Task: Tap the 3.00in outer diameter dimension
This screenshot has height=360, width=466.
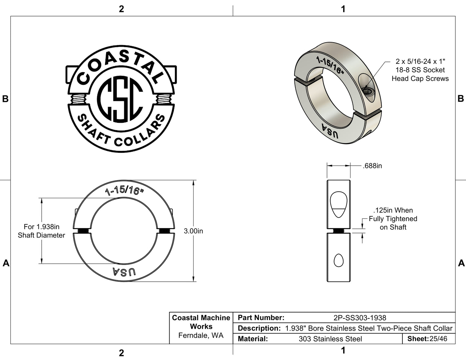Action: (x=193, y=231)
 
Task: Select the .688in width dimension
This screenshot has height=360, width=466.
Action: (x=372, y=166)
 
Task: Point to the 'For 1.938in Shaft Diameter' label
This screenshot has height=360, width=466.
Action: (x=41, y=231)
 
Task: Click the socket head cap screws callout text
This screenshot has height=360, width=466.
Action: (x=420, y=70)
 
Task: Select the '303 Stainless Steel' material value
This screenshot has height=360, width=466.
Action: (x=330, y=339)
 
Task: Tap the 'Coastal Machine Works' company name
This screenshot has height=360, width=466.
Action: (x=201, y=322)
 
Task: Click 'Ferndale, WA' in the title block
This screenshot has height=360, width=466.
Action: (x=201, y=336)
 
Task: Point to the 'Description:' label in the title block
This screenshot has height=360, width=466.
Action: (x=259, y=328)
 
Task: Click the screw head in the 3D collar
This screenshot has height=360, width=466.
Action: (x=368, y=92)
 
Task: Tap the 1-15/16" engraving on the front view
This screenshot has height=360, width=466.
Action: (x=124, y=190)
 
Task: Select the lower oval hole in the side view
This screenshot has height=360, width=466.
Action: (x=338, y=260)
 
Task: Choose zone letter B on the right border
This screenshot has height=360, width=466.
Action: (x=461, y=99)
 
